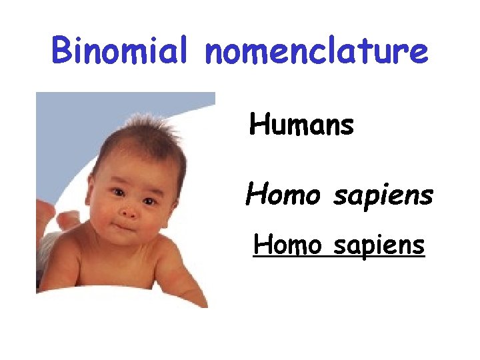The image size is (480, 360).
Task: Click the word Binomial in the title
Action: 123,52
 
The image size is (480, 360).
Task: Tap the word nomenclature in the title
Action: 317,52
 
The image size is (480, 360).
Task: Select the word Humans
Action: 301,125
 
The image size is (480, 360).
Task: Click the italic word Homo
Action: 275,195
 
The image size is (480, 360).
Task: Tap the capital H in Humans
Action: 259,124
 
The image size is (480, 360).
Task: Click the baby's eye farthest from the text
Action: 117,193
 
